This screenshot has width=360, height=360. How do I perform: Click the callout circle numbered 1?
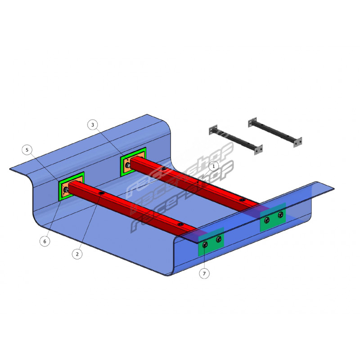tap(213, 166)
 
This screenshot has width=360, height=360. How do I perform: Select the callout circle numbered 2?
tap(77, 254)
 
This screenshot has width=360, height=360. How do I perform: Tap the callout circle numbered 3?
tap(93, 125)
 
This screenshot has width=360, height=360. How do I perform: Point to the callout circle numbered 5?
tap(27, 150)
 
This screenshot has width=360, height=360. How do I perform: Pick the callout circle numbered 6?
tap(45, 241)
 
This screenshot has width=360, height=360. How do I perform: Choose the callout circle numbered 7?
tap(204, 274)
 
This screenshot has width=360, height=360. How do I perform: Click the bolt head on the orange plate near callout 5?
tap(66, 189)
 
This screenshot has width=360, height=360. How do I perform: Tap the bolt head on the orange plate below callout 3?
tap(128, 165)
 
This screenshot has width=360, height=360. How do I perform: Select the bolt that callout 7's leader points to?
tap(205, 245)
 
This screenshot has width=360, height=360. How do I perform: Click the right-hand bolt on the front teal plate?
tap(219, 239)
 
